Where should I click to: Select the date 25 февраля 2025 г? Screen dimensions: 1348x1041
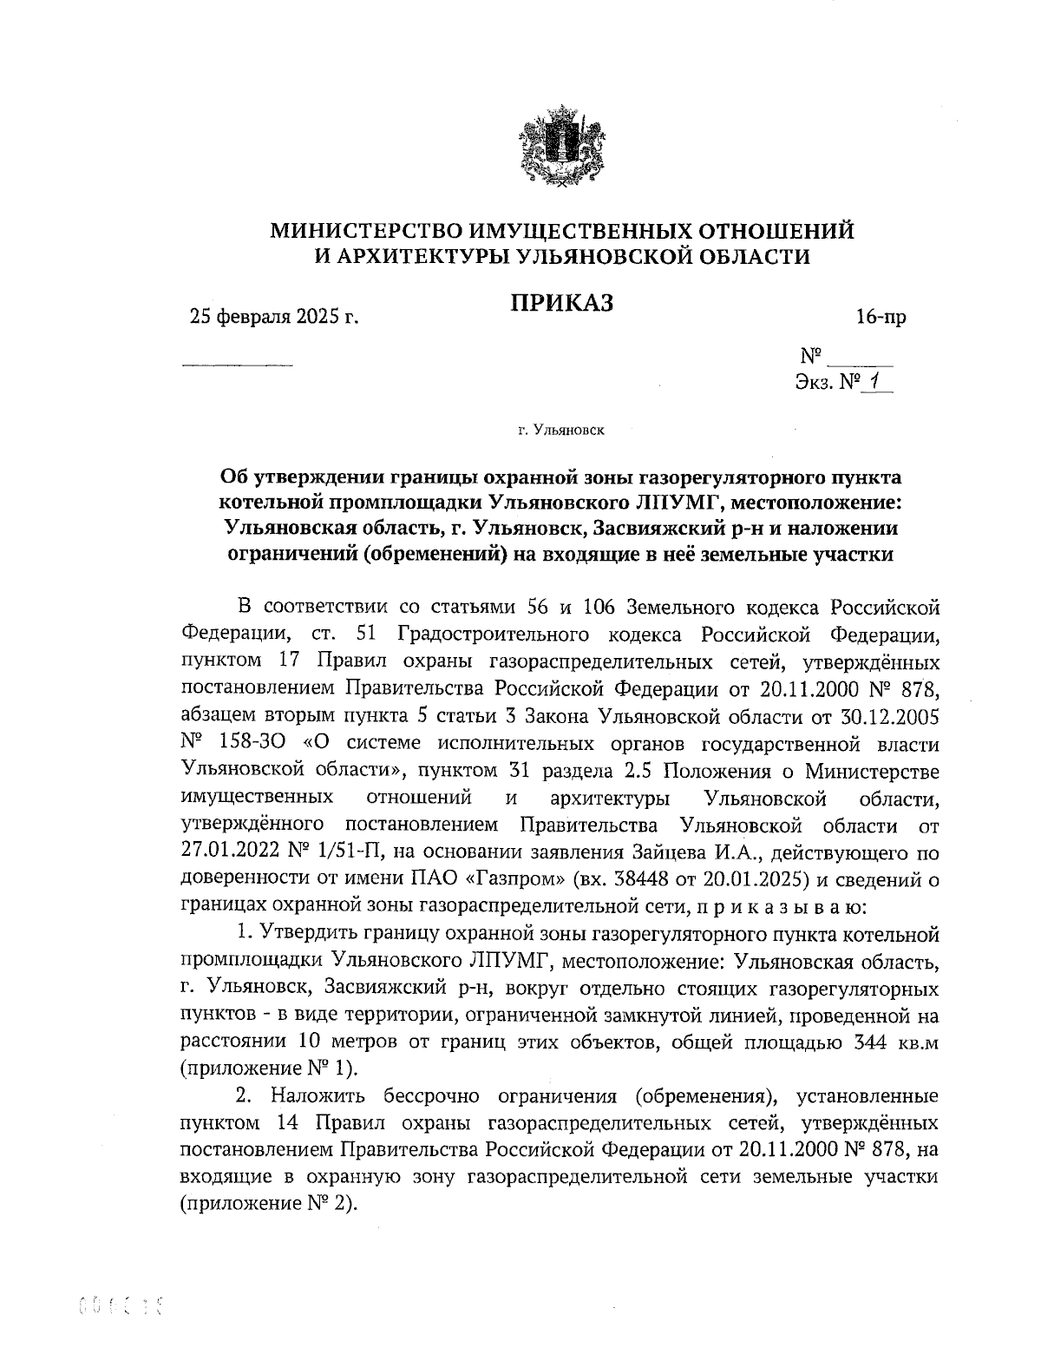click(x=274, y=318)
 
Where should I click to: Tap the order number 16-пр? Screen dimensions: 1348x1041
click(x=881, y=318)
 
